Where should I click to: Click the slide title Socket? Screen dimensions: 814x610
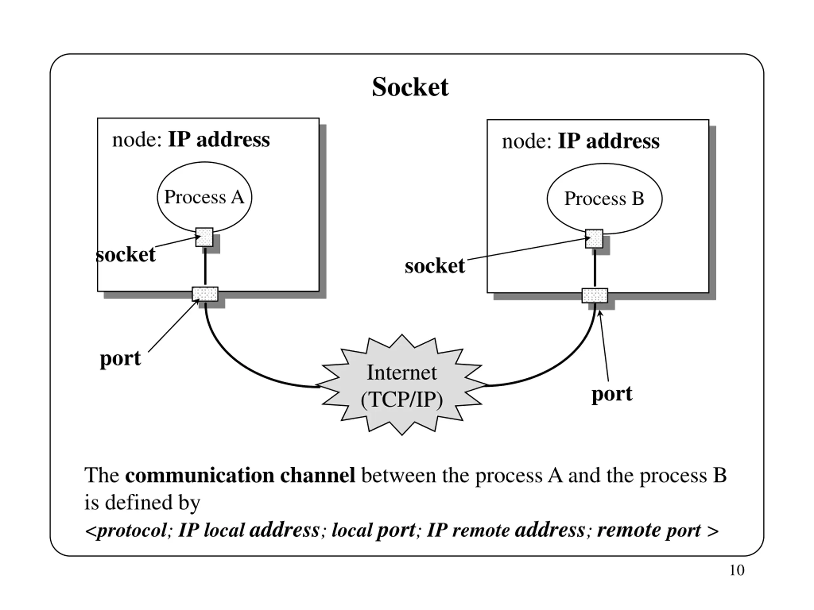tap(410, 87)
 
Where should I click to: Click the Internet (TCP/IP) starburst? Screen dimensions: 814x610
tap(402, 385)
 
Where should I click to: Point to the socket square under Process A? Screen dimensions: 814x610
tap(204, 237)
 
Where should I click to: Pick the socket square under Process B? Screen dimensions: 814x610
tap(594, 239)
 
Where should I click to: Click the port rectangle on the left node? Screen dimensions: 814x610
tap(205, 294)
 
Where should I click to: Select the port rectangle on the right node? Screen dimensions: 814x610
tap(595, 295)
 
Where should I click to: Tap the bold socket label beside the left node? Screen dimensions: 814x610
tap(126, 255)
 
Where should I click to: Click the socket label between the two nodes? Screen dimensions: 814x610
tap(435, 266)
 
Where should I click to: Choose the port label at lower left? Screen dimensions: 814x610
tap(120, 358)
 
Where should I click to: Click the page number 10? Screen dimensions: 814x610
tap(737, 570)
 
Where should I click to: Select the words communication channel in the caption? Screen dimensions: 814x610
tap(240, 475)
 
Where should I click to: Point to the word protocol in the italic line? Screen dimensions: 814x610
tap(131, 531)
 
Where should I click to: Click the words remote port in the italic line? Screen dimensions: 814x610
tap(649, 531)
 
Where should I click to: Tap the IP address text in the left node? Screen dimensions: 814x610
tap(219, 140)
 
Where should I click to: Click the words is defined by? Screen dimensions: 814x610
tap(142, 503)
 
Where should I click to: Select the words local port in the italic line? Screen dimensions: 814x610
tap(374, 531)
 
